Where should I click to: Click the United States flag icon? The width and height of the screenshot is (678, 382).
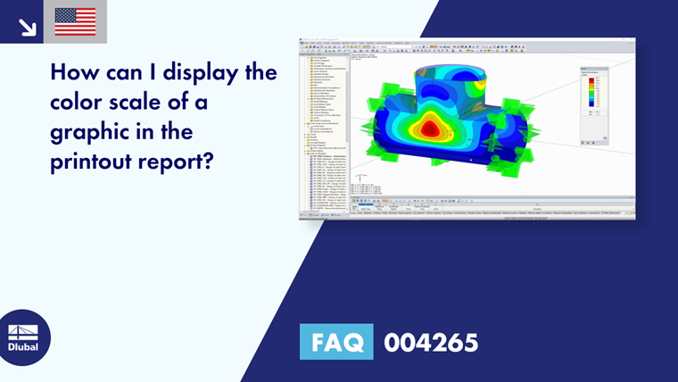click(x=75, y=21)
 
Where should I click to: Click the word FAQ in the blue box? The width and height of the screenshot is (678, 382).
click(x=335, y=343)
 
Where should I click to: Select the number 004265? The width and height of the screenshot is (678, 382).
click(x=430, y=343)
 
